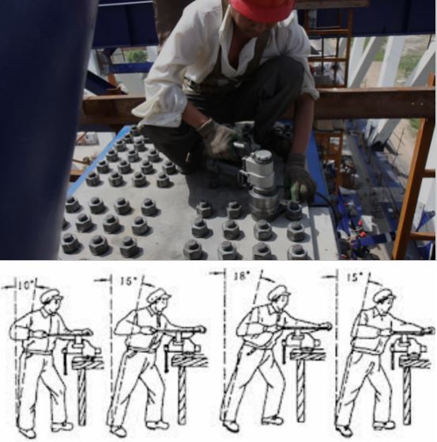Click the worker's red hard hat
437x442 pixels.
[262, 9]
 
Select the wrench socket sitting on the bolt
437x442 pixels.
[262, 203]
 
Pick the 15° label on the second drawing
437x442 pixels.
[129, 281]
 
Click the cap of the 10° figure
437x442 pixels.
[51, 295]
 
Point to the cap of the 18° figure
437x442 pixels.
[279, 291]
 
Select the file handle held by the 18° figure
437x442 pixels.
[255, 327]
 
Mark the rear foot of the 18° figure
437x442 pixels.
[231, 425]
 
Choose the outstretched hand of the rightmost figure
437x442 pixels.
[428, 331]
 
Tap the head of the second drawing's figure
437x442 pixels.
[159, 300]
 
